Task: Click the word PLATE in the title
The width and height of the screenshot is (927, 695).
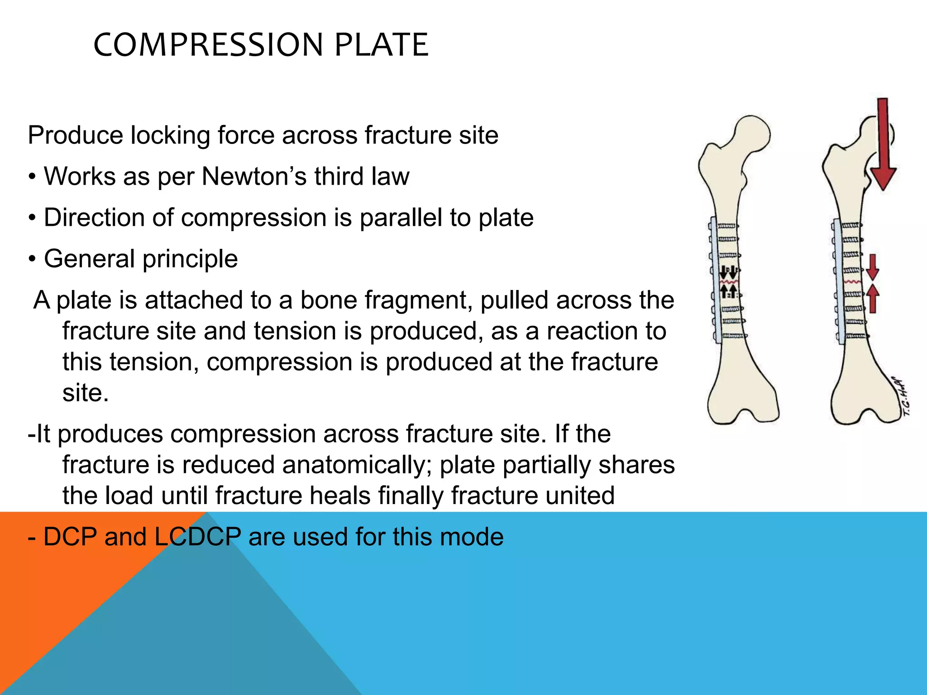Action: click(381, 45)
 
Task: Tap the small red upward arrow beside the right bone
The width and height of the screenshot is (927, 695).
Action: click(873, 298)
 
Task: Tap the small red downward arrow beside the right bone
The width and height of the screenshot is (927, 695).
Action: click(873, 267)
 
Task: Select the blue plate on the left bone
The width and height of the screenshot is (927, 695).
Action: click(715, 281)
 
